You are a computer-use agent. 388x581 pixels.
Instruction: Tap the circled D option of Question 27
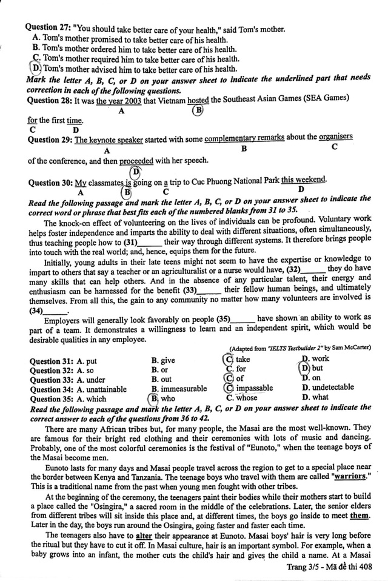click(x=36, y=69)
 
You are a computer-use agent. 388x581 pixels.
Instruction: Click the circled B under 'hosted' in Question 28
click(x=197, y=110)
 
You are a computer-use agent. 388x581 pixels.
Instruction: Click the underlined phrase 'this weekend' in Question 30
click(x=303, y=180)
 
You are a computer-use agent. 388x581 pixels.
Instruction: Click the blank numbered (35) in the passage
click(x=234, y=318)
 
